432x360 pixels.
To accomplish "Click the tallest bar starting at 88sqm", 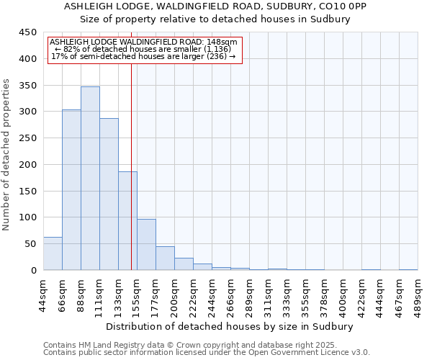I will coord(90,179).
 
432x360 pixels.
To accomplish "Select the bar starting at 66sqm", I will coord(71,190).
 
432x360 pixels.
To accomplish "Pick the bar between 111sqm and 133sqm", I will coord(109,194).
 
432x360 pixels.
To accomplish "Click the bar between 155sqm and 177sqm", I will coord(146,245).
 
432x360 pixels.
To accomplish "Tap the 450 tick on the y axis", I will coord(27,32).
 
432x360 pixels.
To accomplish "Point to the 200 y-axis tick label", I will coord(27,165).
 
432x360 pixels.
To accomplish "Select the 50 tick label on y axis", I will coord(30,244).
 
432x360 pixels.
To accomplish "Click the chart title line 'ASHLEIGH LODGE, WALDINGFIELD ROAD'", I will coord(215,6).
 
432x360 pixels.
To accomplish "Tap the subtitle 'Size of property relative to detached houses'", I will coord(215,19).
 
